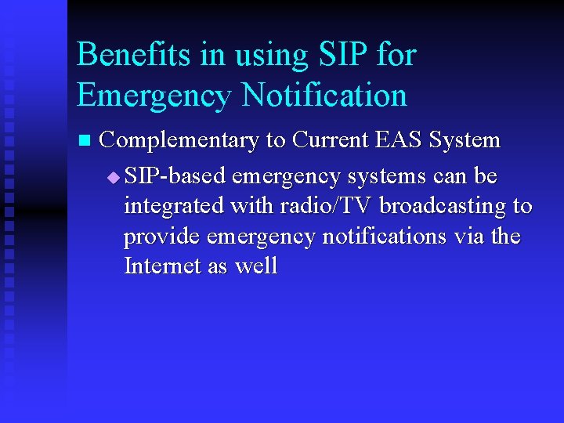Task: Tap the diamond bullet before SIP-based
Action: tap(114, 178)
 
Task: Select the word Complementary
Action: tap(180, 141)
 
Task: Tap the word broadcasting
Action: tap(443, 207)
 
